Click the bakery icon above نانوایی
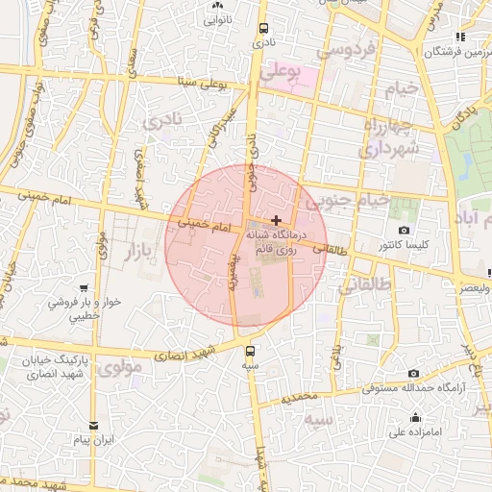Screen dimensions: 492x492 point(217,5)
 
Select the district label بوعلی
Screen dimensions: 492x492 point(294,69)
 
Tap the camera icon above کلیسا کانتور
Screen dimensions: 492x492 point(404,231)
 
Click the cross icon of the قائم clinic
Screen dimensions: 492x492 point(277,220)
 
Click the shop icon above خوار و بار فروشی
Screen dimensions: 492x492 point(86,287)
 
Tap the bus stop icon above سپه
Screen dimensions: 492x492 point(252,350)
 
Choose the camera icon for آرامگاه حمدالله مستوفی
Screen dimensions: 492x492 point(413,373)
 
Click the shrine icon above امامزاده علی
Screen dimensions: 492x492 point(415,417)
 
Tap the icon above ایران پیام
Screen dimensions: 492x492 point(93,425)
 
